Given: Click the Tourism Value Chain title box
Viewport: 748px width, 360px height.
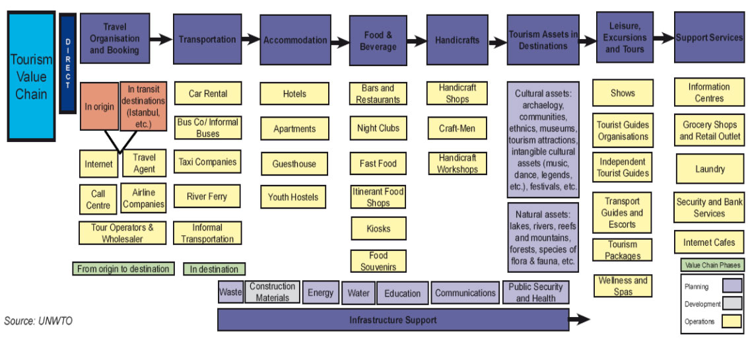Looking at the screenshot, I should (x=31, y=76).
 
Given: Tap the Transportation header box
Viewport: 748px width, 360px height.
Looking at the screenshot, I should (x=207, y=40).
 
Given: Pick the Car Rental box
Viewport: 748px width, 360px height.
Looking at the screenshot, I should (x=208, y=94).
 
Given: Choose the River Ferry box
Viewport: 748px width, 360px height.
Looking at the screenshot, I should (x=207, y=196).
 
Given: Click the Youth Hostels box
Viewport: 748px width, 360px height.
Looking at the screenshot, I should (x=293, y=197).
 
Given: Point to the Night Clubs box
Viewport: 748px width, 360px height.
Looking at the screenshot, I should (x=378, y=128).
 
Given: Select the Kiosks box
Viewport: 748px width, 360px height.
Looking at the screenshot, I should (x=378, y=229).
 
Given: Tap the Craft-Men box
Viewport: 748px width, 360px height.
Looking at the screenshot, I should (x=457, y=128).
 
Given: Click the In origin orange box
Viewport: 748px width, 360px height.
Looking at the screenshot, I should (x=100, y=106).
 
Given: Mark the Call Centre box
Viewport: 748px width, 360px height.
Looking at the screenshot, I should (x=98, y=199).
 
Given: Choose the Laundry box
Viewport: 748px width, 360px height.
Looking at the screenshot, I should (x=710, y=169).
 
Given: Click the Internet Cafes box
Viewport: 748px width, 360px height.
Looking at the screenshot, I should (x=709, y=242).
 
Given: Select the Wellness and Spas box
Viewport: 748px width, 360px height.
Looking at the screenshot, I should (x=623, y=285).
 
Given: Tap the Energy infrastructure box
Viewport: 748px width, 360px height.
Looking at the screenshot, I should (x=320, y=293).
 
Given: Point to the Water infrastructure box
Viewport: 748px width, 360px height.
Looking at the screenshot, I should (x=358, y=293).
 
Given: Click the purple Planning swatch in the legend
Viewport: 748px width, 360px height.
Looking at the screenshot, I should (x=731, y=286).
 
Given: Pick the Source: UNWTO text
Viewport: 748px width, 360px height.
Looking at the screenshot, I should (x=38, y=321).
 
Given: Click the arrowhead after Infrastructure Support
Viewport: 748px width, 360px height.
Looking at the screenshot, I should (x=580, y=320).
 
